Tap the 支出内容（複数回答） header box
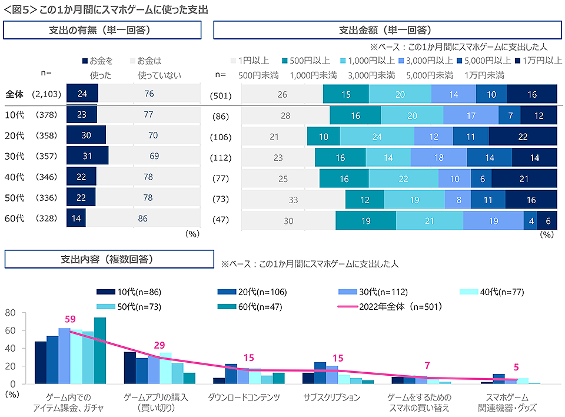tap(109, 259)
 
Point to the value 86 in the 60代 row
tap(142, 218)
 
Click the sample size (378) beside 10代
tap(46, 115)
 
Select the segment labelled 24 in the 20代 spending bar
tap(377, 137)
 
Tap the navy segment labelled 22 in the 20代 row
tap(523, 137)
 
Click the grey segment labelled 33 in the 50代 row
tap(293, 200)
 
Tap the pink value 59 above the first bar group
tap(70, 319)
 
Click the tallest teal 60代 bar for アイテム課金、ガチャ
tap(100, 350)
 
